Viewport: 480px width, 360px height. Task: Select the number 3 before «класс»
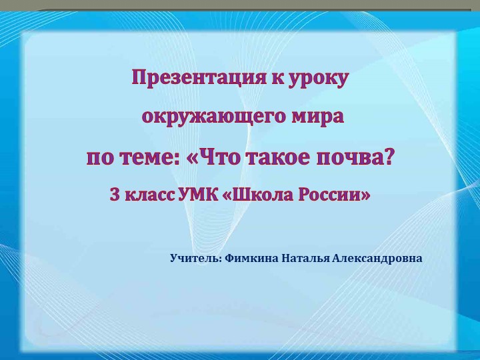click(x=114, y=196)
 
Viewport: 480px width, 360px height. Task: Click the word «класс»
click(x=149, y=196)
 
